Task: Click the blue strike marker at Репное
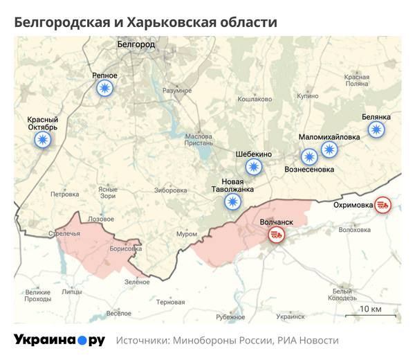pyautogui.click(x=104, y=88)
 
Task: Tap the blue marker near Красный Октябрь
pyautogui.click(x=42, y=141)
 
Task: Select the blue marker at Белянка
pyautogui.click(x=376, y=130)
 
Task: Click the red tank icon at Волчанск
pyautogui.click(x=277, y=235)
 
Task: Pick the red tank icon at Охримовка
pyautogui.click(x=382, y=204)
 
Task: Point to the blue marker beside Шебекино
pyautogui.click(x=255, y=166)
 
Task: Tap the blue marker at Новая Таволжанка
pyautogui.click(x=233, y=202)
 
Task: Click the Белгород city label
pyautogui.click(x=135, y=44)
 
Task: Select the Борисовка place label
pyautogui.click(x=125, y=247)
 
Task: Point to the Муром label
pyautogui.click(x=187, y=234)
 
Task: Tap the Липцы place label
pyautogui.click(x=71, y=293)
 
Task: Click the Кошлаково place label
pyautogui.click(x=254, y=99)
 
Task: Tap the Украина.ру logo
pyautogui.click(x=59, y=341)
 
